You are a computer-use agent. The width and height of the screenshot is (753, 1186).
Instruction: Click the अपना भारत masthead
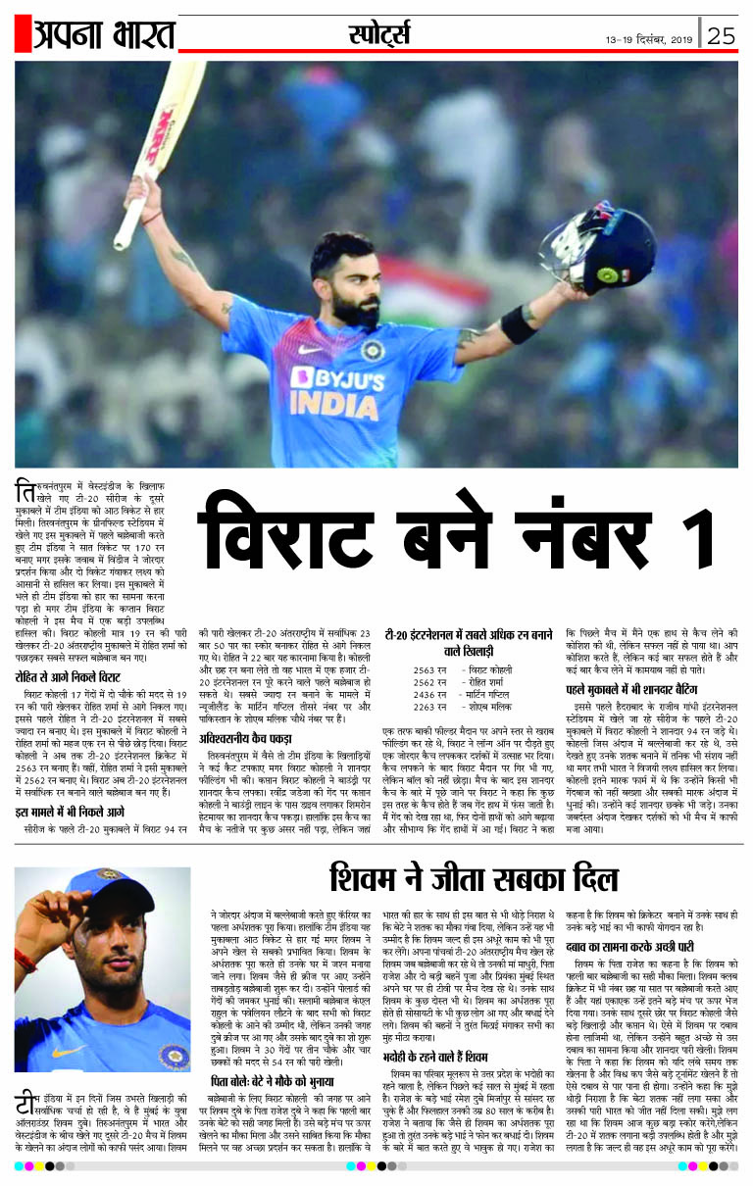tap(91, 35)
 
